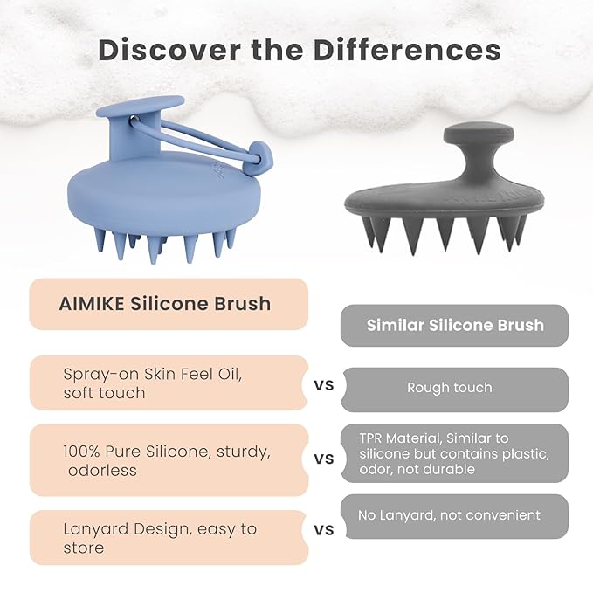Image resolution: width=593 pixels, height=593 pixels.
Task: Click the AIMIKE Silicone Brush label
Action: coord(165,304)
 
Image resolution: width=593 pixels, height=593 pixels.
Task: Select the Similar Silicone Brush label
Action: coord(455,325)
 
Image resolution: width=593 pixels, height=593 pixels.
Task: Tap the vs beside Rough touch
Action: coord(323,384)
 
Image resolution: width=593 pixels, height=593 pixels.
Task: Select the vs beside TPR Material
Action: coord(323,458)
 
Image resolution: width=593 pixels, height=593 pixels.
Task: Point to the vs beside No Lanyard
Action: coord(323,528)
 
